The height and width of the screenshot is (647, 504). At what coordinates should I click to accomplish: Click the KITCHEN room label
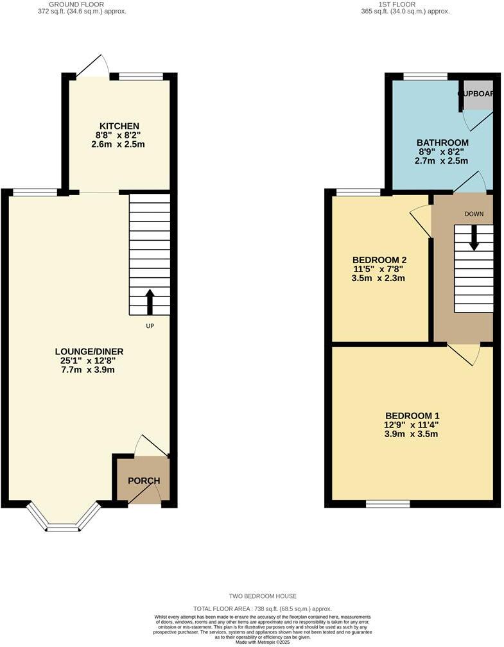[x=119, y=126]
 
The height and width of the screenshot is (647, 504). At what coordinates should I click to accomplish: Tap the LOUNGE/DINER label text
[x=89, y=351]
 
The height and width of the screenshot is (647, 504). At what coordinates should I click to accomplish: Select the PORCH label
[x=143, y=481]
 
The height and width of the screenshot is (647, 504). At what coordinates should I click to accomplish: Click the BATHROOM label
[x=442, y=142]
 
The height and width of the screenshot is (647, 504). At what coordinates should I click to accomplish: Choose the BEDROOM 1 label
[x=412, y=415]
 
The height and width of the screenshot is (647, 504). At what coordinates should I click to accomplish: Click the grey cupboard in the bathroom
[x=478, y=95]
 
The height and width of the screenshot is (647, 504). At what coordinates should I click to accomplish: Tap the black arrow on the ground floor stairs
[x=150, y=302]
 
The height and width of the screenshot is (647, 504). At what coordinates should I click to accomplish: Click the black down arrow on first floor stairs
[x=474, y=237]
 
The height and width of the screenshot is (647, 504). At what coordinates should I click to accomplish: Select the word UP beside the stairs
[x=150, y=326]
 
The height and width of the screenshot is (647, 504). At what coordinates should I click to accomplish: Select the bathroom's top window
[x=425, y=76]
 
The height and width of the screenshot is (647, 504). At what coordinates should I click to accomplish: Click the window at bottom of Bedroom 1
[x=388, y=504]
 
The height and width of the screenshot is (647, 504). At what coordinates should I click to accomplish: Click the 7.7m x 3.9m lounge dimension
[x=89, y=370]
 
